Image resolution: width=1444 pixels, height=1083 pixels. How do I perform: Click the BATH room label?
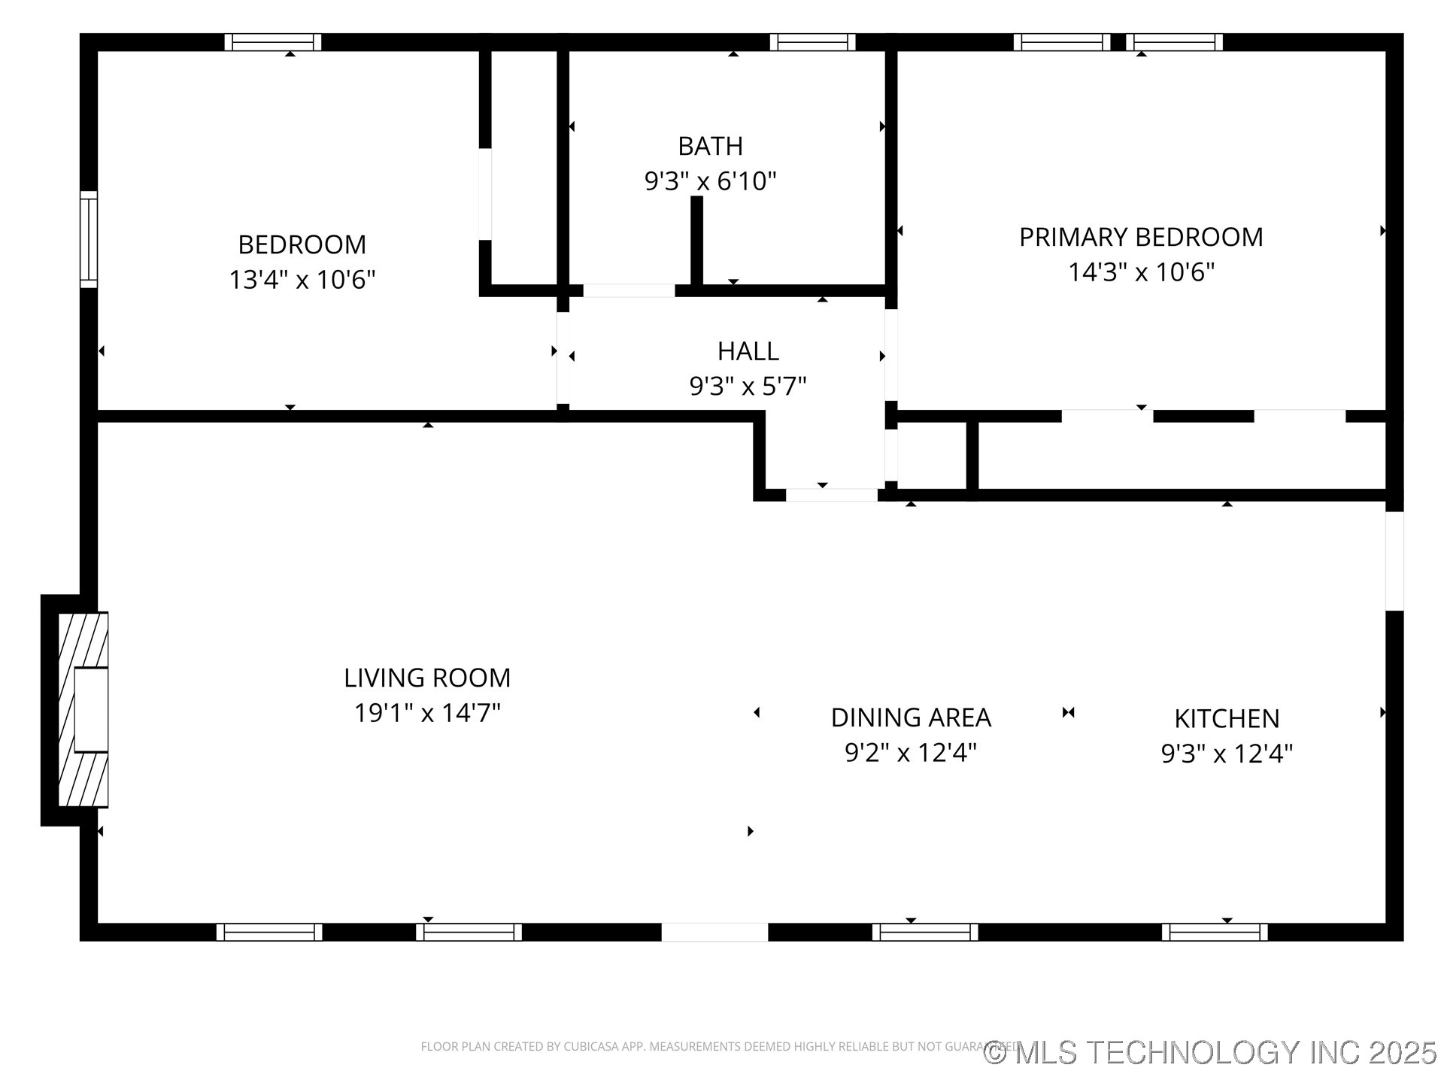tap(710, 146)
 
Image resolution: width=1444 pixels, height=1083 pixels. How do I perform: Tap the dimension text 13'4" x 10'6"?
tap(302, 280)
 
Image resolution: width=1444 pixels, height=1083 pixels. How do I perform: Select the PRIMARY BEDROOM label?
tap(1140, 237)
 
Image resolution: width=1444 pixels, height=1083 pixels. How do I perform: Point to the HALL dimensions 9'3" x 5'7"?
tap(748, 387)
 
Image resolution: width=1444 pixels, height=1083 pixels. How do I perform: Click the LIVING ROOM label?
tap(426, 678)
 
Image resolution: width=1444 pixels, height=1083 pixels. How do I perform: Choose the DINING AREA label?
tap(910, 717)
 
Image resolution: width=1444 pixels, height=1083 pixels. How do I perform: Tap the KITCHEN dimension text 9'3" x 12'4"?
tap(1226, 754)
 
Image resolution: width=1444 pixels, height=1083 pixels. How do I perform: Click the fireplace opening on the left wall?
tap(91, 709)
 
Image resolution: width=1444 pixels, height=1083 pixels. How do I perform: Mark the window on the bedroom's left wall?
tap(89, 239)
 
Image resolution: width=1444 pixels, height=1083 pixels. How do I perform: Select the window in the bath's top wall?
tap(812, 42)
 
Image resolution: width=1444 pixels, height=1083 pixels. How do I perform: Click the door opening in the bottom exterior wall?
tap(714, 932)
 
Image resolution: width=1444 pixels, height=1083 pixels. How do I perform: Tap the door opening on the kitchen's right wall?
tap(1394, 561)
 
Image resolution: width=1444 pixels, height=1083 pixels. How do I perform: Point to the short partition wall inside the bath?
tap(696, 241)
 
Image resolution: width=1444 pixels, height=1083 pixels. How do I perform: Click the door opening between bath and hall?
tap(629, 290)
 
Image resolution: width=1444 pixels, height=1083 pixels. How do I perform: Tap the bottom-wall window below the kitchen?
tap(1214, 932)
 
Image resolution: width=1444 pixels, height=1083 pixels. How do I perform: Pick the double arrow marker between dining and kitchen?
tap(1068, 712)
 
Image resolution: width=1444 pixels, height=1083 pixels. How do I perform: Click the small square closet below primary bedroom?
tap(932, 456)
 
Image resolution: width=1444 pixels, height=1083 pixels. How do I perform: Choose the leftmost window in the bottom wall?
tap(269, 932)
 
